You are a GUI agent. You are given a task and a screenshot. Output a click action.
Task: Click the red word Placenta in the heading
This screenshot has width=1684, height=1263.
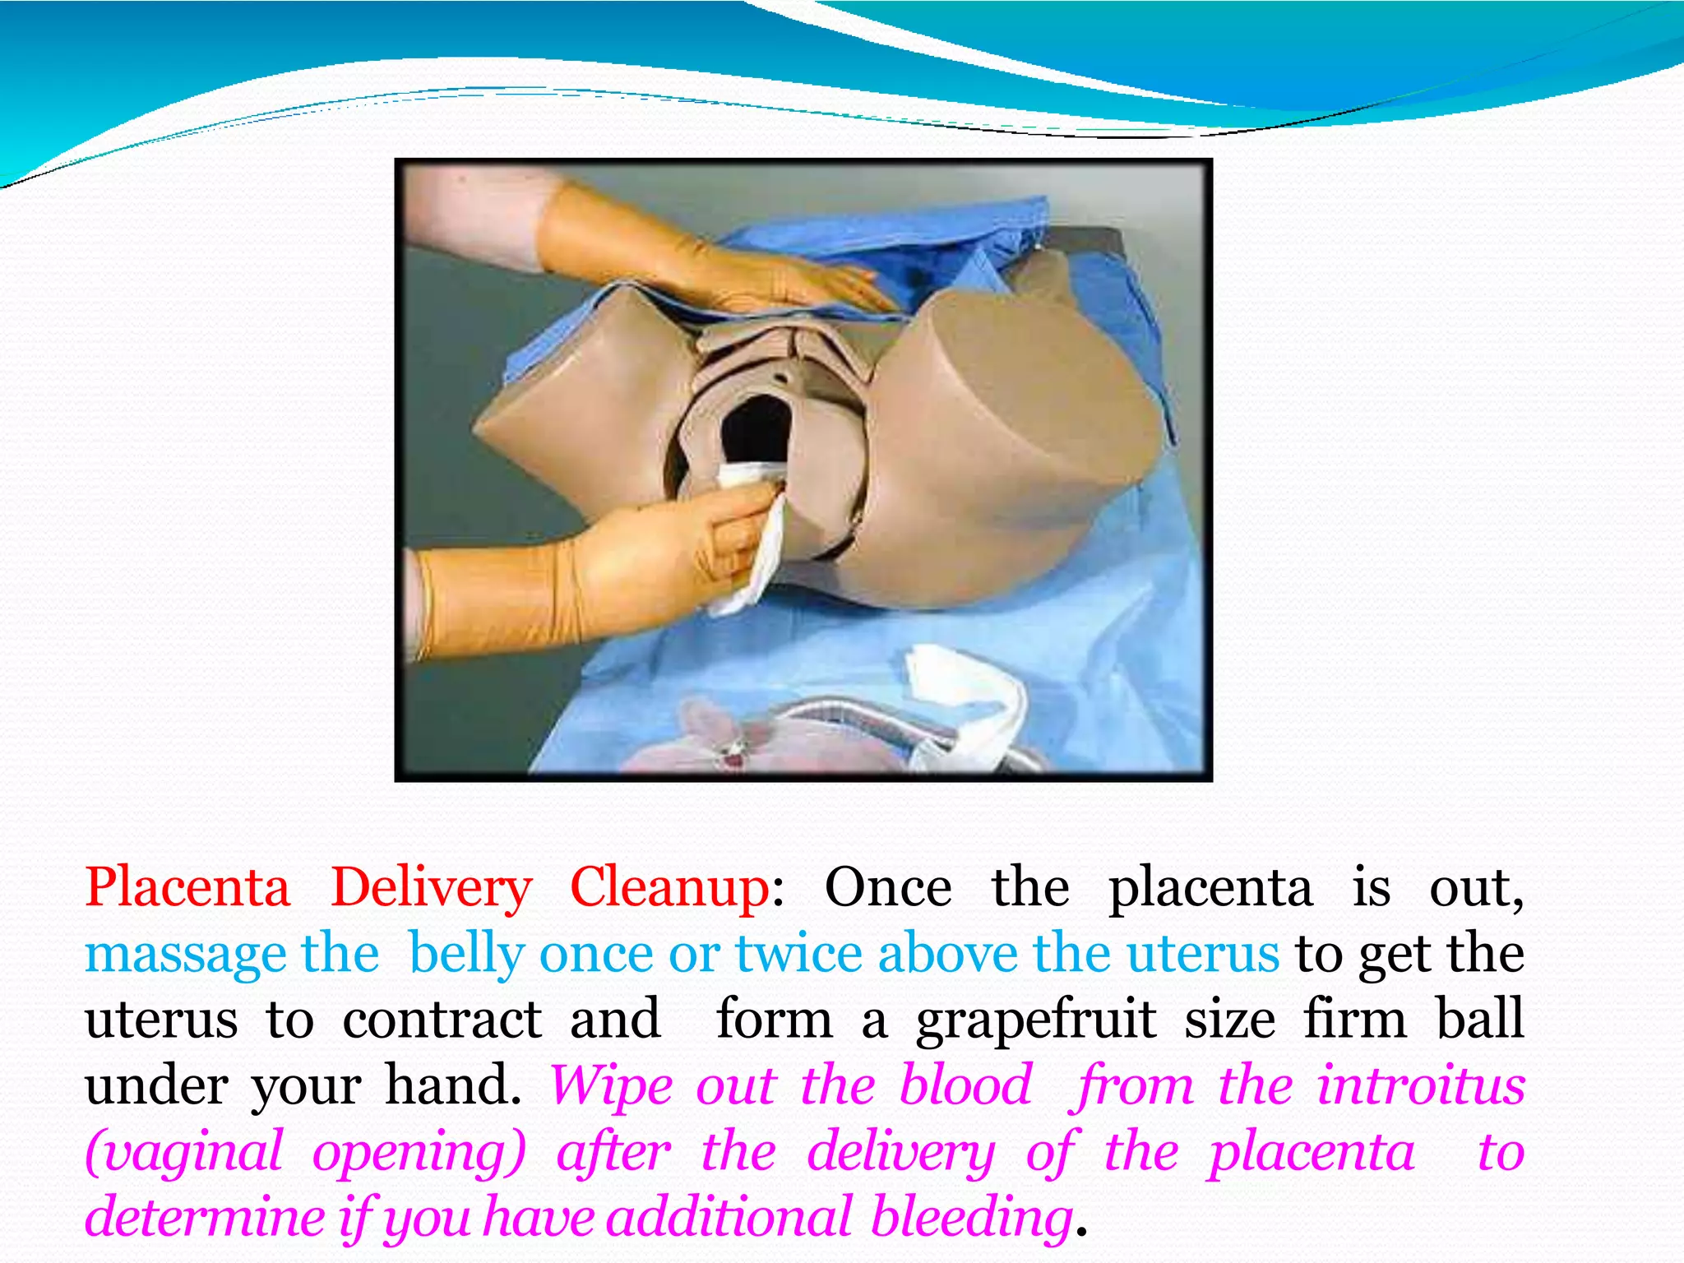coord(187,888)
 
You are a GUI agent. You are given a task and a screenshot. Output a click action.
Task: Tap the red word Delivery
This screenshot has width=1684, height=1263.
coord(431,888)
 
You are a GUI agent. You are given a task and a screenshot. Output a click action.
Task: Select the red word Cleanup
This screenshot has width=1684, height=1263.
coord(669,888)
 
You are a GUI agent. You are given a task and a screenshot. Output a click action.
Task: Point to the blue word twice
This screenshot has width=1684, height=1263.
coord(798,954)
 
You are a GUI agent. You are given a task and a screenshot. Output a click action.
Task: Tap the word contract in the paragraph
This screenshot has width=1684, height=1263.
coord(442,1020)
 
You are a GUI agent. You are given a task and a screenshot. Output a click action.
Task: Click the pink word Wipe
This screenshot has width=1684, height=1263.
coord(610,1085)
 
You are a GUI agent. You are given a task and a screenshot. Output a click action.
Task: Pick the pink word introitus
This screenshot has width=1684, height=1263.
coord(1420,1085)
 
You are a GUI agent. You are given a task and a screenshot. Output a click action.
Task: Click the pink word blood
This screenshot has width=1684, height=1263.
coord(965,1085)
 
